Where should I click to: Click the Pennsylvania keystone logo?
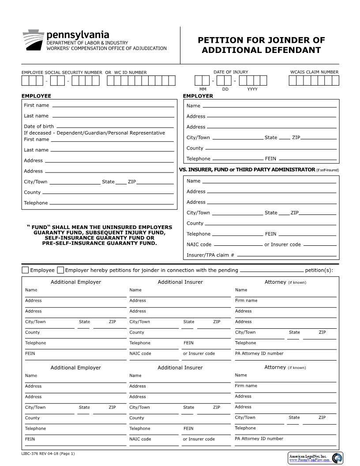coord(33,40)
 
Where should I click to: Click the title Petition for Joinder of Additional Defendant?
coord(261,45)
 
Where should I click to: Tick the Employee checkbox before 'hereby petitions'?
coord(25,270)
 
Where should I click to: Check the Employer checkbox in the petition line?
coord(60,270)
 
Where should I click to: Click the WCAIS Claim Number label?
coord(314,72)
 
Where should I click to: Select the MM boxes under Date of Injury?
coord(202,81)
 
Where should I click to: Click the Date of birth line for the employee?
coord(115,127)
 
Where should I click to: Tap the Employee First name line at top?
coord(112,105)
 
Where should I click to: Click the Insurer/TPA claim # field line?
coord(286,255)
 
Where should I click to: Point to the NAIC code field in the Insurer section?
coord(237,244)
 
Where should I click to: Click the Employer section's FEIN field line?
coord(307,159)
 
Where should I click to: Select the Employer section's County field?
coord(270,148)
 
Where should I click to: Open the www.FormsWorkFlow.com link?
coord(309,460)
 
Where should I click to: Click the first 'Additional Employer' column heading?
coord(75,282)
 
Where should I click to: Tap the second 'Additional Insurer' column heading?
coord(180,368)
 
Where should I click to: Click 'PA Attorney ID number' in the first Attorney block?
coord(259,353)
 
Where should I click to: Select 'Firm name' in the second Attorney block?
coord(246,386)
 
